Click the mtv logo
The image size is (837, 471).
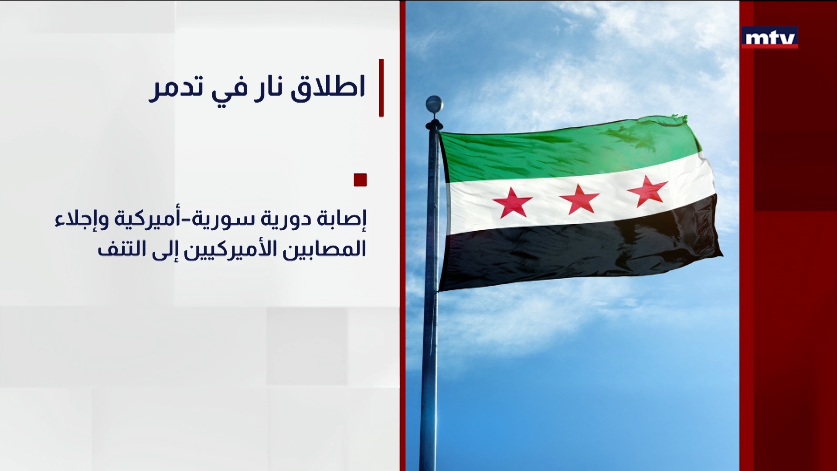[x=769, y=38]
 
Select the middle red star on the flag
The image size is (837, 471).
[x=579, y=199]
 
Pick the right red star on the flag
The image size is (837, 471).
[x=647, y=191]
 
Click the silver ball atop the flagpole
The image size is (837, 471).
[x=434, y=104]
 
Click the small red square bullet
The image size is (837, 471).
[x=360, y=180]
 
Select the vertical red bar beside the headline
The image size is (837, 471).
[x=381, y=88]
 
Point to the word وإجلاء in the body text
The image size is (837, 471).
[x=82, y=219]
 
